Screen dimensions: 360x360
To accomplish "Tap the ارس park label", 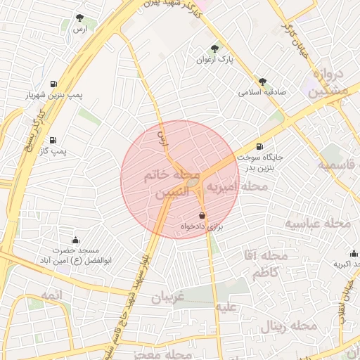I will pyautogui.click(x=79, y=29).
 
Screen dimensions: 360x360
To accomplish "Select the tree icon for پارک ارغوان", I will pyautogui.click(x=214, y=49).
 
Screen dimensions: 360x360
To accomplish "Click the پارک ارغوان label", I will pyautogui.click(x=214, y=60).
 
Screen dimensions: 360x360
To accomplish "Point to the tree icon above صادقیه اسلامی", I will pyautogui.click(x=262, y=82).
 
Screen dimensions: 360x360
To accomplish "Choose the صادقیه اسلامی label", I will pyautogui.click(x=259, y=92).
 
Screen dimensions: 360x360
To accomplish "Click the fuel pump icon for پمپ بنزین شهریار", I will pyautogui.click(x=53, y=84).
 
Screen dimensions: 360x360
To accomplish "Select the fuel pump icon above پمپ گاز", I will pyautogui.click(x=53, y=140).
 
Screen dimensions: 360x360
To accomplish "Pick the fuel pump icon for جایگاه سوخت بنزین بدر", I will pyautogui.click(x=261, y=147).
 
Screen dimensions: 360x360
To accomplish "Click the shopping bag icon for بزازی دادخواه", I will pyautogui.click(x=202, y=215).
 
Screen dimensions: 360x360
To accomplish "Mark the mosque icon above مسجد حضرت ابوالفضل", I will pyautogui.click(x=76, y=240).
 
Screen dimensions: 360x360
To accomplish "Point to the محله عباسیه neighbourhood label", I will pyautogui.click(x=317, y=223).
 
